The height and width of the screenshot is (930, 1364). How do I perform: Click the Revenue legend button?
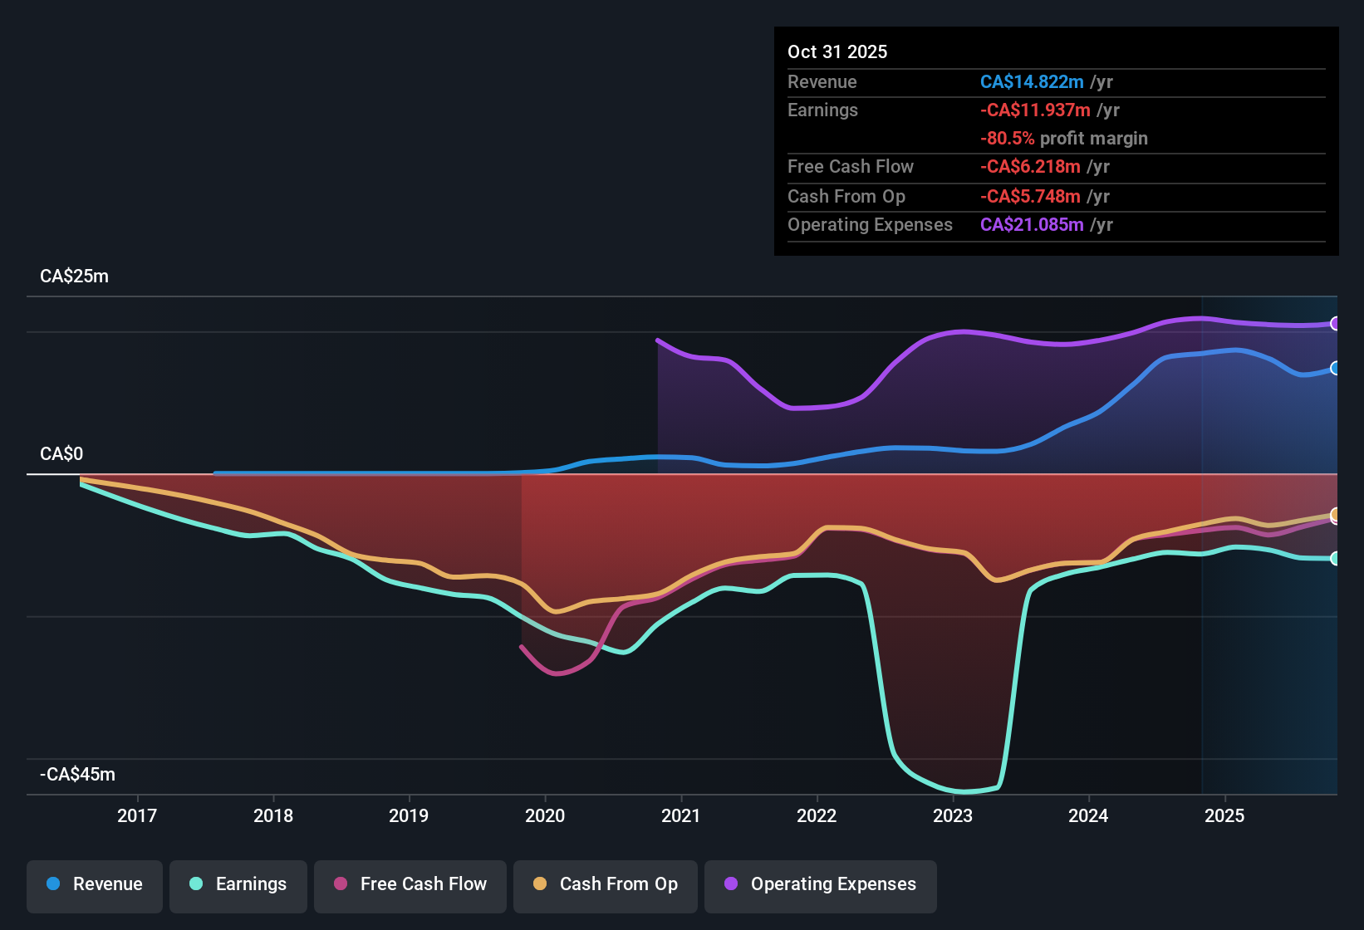point(95,884)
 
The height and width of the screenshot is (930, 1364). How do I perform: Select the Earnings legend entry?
point(238,884)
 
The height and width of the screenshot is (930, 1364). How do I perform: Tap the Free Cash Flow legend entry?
point(410,884)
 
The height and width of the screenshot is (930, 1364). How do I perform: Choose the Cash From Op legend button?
point(606,884)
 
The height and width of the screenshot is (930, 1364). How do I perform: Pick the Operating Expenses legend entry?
point(821,884)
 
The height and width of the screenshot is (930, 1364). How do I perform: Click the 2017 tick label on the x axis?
point(137,815)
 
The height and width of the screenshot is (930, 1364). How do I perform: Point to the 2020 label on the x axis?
point(545,815)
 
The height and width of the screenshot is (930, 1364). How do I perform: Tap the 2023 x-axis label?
point(953,815)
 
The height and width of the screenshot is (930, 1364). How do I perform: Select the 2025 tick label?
point(1224,815)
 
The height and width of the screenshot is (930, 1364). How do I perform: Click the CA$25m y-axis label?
point(74,277)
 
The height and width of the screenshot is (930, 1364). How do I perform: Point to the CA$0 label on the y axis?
point(61,454)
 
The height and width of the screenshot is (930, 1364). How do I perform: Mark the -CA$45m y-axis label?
point(77,775)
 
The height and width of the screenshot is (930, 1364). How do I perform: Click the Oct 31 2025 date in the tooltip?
point(837,51)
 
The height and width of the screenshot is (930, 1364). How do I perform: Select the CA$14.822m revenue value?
point(1032,81)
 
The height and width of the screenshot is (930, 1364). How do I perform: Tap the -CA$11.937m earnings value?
point(1035,110)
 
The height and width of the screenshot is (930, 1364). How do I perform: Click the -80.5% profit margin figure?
point(1007,138)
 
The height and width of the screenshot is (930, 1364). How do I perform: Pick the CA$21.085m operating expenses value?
point(1032,224)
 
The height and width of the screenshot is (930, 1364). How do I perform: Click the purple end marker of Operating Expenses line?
point(1335,324)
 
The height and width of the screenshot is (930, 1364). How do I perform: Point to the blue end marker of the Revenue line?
point(1335,368)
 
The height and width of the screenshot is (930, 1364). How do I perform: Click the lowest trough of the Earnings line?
point(964,791)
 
